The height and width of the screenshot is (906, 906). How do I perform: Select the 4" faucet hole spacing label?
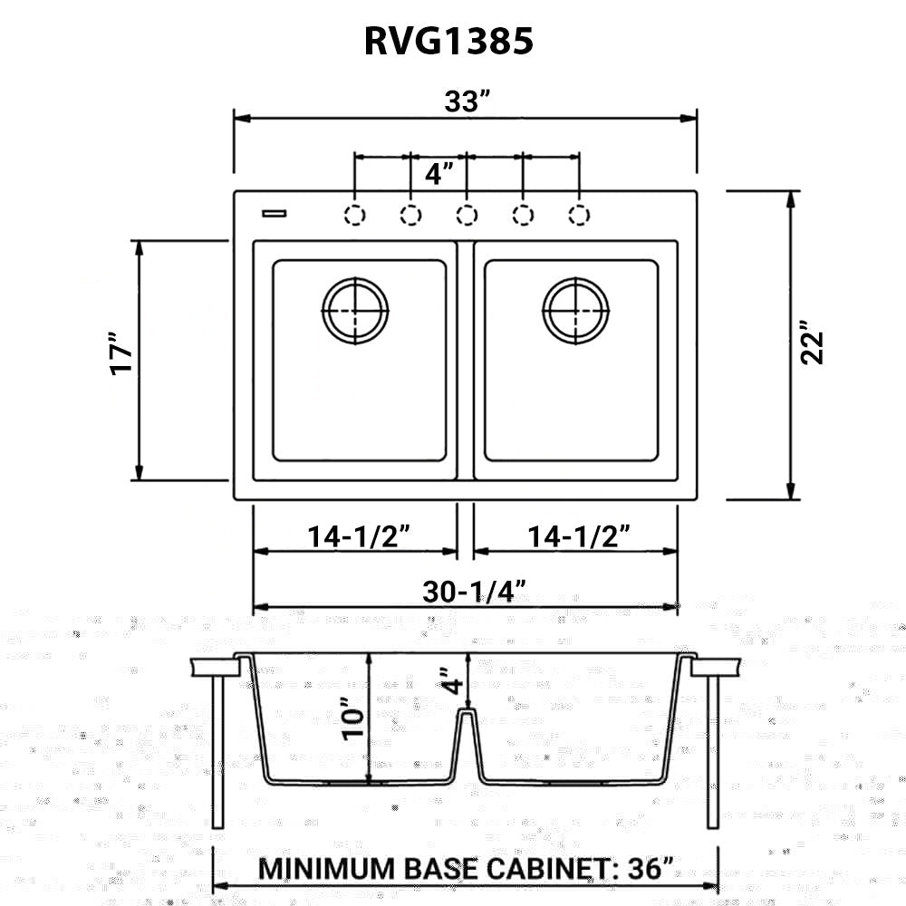[439, 172]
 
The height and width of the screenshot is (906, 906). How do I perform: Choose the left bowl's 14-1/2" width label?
[360, 536]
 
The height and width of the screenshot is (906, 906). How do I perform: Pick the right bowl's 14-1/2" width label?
[579, 536]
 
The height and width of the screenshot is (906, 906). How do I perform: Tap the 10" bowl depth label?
[354, 719]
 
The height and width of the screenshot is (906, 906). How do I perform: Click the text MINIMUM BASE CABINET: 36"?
[467, 867]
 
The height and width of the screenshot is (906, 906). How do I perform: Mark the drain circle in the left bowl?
[356, 310]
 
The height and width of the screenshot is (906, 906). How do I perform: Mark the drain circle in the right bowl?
[577, 310]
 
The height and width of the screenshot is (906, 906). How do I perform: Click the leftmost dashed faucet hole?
[355, 215]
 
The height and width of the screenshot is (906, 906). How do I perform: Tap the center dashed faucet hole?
[467, 215]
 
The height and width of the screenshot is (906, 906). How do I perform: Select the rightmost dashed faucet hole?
[578, 215]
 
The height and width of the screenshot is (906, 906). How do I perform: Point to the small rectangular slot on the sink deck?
[274, 213]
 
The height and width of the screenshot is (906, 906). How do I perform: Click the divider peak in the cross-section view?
[467, 714]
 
